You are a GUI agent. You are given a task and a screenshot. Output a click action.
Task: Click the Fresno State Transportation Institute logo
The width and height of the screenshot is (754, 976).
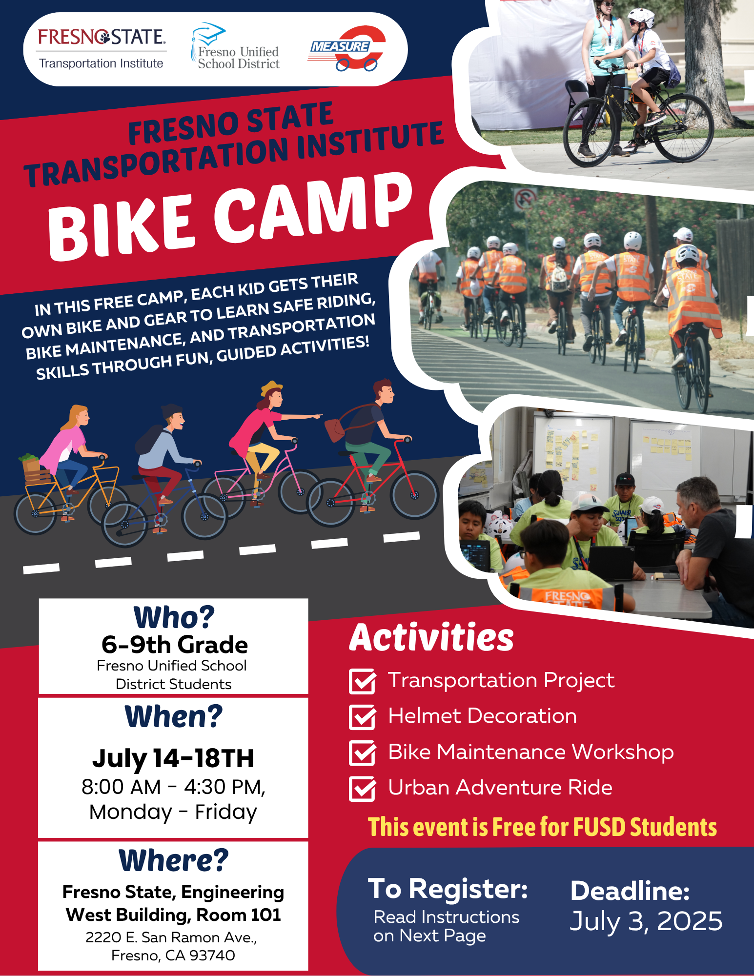pos(102,49)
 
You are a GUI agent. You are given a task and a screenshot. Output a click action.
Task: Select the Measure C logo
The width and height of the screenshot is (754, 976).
pos(348,48)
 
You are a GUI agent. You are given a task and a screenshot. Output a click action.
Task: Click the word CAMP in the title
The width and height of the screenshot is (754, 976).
pos(312,210)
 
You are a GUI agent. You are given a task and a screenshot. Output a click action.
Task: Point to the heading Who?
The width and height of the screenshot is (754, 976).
pos(174,617)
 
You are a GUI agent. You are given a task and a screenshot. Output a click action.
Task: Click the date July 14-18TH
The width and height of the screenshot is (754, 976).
pos(173,758)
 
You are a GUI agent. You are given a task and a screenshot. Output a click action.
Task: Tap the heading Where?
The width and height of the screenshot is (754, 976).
pos(174,860)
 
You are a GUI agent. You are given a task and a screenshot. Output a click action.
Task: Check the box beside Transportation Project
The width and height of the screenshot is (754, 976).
pos(362,681)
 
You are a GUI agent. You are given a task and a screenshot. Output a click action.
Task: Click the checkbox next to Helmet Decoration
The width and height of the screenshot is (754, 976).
pos(362,717)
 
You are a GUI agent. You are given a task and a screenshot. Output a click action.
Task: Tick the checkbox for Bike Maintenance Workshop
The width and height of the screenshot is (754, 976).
pos(362,753)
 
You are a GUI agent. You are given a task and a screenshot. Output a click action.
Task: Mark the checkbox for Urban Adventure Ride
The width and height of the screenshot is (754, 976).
pos(362,789)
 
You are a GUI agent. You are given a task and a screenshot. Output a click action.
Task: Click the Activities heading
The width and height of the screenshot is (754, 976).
pos(431,638)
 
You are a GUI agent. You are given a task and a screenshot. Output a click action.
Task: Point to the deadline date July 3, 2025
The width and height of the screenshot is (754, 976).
pos(646,921)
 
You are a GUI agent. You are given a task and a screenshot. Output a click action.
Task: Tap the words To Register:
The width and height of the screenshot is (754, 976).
pos(448,888)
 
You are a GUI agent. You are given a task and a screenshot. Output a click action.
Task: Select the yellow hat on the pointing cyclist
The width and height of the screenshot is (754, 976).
pos(271,387)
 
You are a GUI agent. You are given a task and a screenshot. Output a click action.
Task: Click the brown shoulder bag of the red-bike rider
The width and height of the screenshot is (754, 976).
pos(335,429)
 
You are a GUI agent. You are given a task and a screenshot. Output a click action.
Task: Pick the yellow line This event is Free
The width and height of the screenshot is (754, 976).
pos(542,827)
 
